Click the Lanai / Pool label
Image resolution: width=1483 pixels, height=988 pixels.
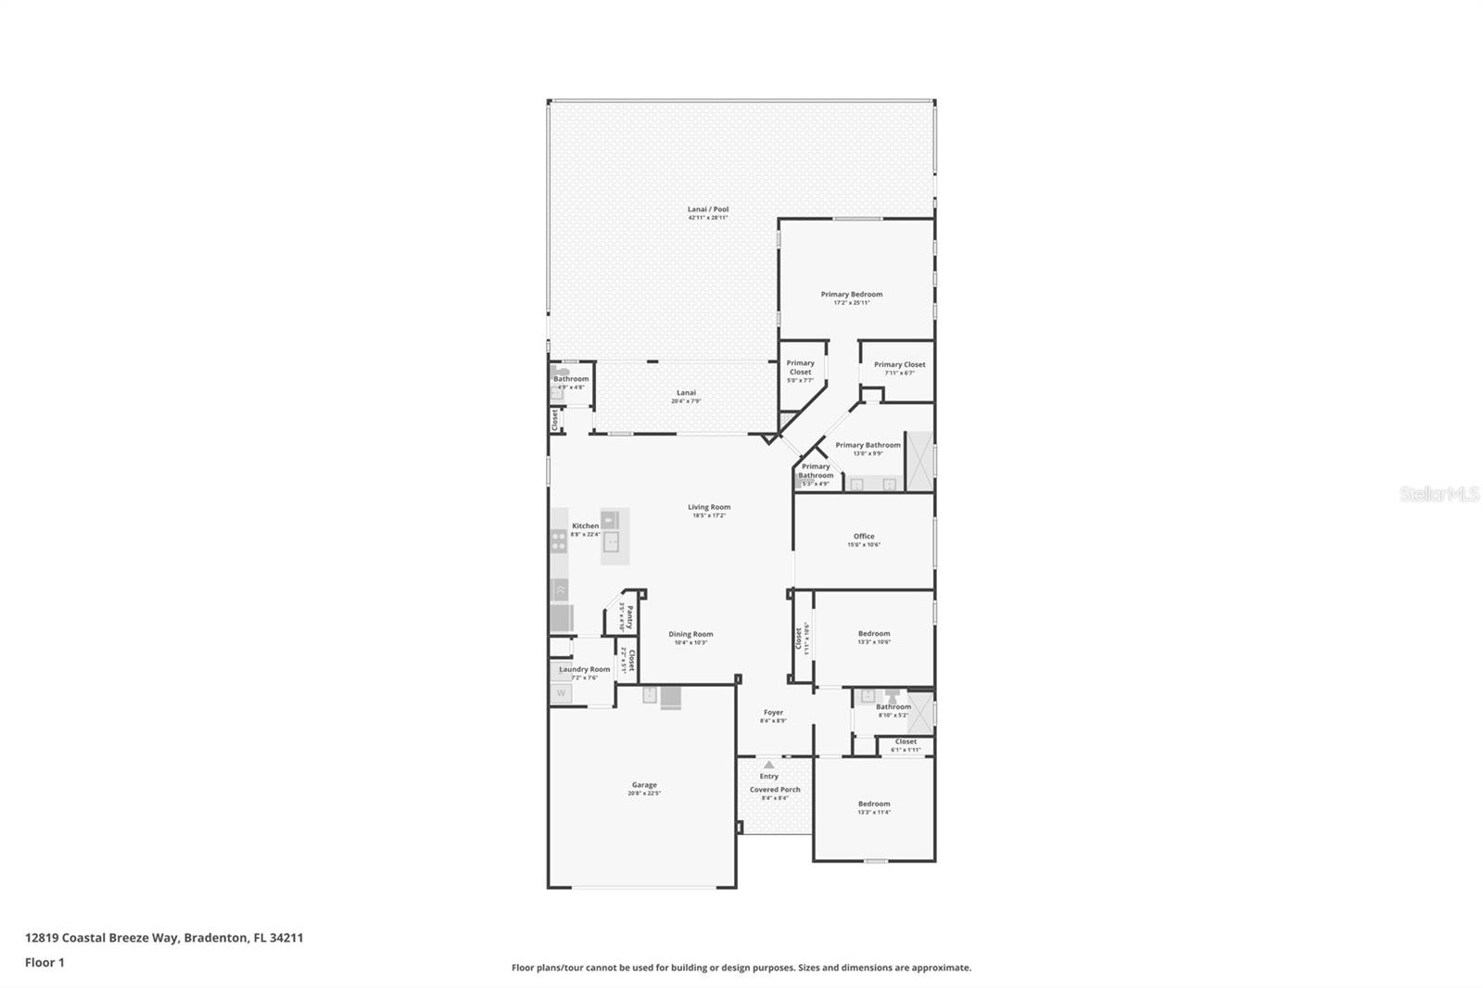coord(708,209)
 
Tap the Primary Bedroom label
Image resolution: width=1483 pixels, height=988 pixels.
coord(851,295)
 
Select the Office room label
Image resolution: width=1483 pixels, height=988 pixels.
coord(864,537)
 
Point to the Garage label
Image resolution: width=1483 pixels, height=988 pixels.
coord(644,785)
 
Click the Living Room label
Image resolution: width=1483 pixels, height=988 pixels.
coord(709,507)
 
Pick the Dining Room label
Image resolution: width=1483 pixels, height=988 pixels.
coord(691,635)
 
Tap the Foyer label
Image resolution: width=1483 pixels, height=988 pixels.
coord(773,713)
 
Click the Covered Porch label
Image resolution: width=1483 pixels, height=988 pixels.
coord(775,790)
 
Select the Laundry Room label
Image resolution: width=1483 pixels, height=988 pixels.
coord(585,669)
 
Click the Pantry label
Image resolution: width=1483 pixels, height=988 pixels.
coord(629,617)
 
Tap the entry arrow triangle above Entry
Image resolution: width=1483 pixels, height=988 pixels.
coord(768,765)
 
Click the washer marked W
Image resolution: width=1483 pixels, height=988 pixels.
coord(561,692)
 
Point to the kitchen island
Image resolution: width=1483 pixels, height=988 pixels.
coord(614,537)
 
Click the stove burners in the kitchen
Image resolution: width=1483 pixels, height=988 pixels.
coord(559,540)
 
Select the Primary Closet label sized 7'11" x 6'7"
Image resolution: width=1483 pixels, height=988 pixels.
coord(899,365)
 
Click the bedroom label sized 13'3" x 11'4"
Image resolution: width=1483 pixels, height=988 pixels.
coord(873,804)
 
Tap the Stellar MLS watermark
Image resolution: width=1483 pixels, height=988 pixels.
coord(1439,495)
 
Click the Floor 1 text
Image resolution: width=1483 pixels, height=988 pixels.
coord(44,962)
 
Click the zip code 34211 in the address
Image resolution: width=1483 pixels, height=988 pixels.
coord(286,937)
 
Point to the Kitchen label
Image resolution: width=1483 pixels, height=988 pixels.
coord(585,526)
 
